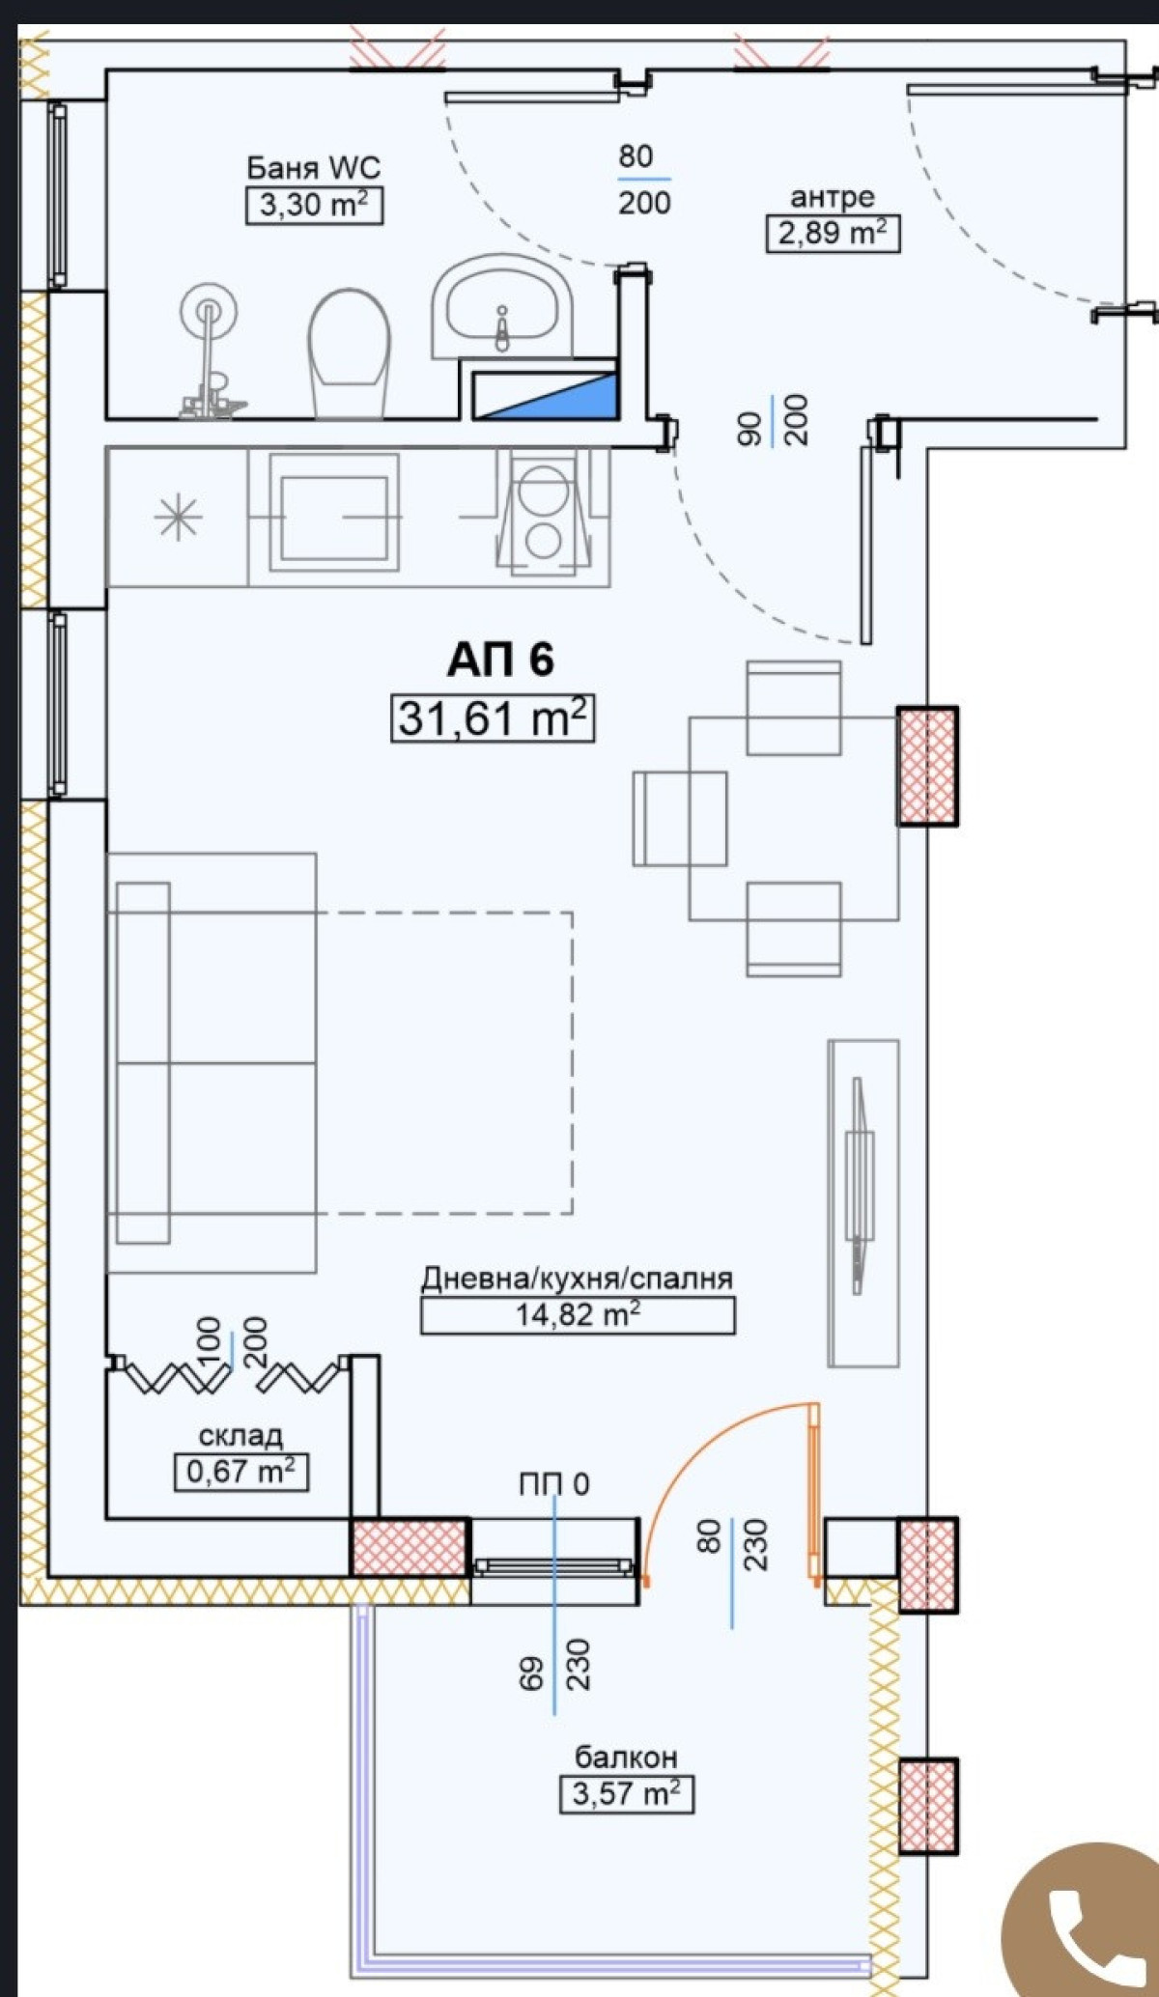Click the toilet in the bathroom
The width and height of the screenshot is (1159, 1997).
349,353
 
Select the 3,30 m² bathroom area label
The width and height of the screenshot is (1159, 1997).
315,206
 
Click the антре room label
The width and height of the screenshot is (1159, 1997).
833,197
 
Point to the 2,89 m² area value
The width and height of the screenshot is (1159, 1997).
833,234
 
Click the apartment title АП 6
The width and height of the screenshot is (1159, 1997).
500,661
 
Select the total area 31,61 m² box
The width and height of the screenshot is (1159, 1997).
493,718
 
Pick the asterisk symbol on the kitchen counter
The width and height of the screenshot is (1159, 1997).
179,518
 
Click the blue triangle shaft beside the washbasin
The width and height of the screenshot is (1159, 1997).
545,396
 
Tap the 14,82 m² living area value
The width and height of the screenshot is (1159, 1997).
578,1314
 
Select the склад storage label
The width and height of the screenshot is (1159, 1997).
240,1436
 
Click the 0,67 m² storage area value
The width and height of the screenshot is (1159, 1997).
241,1472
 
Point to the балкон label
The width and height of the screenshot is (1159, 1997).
626,1757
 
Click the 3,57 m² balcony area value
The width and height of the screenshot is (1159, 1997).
627,1793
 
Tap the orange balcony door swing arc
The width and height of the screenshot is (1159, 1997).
697,1443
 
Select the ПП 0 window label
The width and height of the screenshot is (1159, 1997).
553,1484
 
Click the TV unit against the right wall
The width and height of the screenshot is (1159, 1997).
863,1203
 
